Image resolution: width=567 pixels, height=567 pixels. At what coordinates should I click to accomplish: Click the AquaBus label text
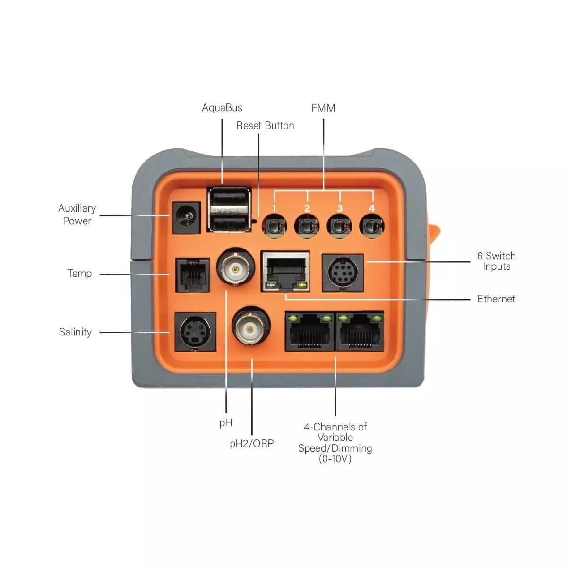222,108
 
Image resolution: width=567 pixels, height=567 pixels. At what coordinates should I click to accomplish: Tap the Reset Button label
265,126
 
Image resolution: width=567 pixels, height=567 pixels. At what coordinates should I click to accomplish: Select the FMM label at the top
323,108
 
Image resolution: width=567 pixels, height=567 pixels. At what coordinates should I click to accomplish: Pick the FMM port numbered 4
372,225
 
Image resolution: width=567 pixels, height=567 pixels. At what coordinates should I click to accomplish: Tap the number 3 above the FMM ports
339,208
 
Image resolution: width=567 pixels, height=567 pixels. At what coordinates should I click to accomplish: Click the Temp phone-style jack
192,275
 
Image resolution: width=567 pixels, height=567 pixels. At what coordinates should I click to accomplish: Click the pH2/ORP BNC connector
251,327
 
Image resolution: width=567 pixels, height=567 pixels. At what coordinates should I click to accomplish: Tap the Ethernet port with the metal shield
285,272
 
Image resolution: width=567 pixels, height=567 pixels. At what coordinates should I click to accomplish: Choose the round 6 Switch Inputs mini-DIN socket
343,273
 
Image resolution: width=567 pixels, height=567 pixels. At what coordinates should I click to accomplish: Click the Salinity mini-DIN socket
195,332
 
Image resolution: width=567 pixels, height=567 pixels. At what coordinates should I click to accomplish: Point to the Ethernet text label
496,299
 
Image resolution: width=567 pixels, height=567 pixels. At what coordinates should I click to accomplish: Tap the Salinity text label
75,332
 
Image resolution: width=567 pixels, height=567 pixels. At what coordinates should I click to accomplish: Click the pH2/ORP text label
251,444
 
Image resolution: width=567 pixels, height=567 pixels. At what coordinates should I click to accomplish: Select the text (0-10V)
335,459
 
